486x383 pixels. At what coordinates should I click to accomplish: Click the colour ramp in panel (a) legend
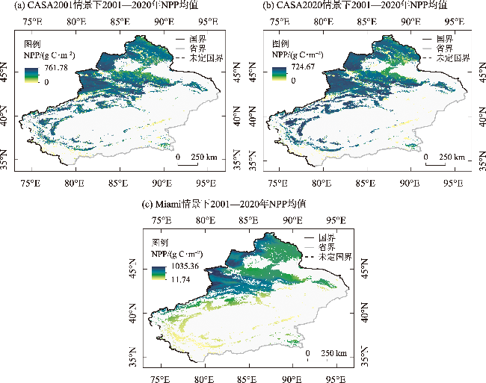[31, 75]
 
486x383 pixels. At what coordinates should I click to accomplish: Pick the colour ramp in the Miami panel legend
[159, 273]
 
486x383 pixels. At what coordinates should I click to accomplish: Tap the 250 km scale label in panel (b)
[449, 158]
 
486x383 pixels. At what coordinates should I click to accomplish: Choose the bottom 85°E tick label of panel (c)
[247, 376]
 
